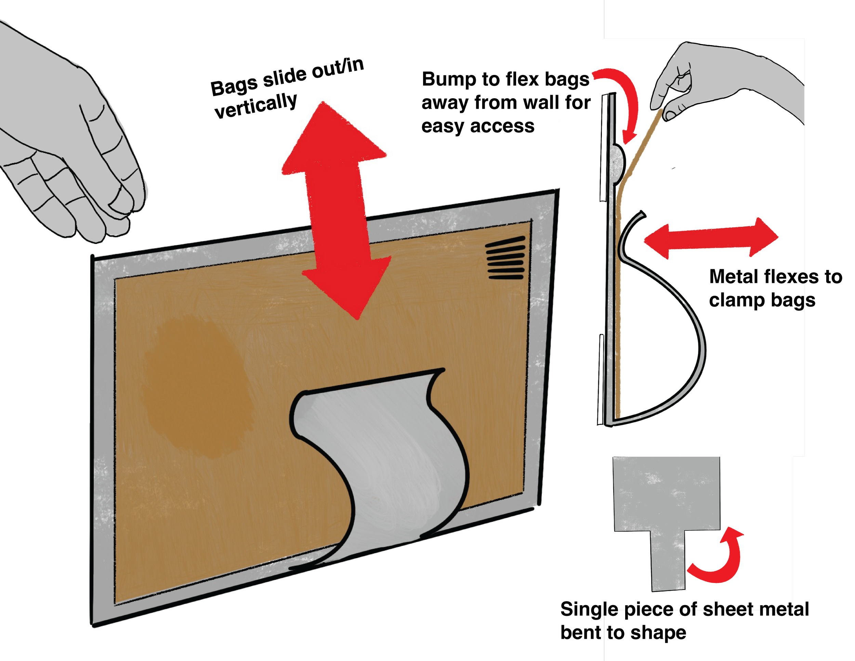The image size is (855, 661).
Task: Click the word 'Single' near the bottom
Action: tap(581, 609)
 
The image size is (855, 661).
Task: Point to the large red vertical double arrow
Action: tap(336, 204)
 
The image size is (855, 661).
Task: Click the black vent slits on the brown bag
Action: tap(505, 258)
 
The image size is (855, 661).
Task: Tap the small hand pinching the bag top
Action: tap(681, 86)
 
